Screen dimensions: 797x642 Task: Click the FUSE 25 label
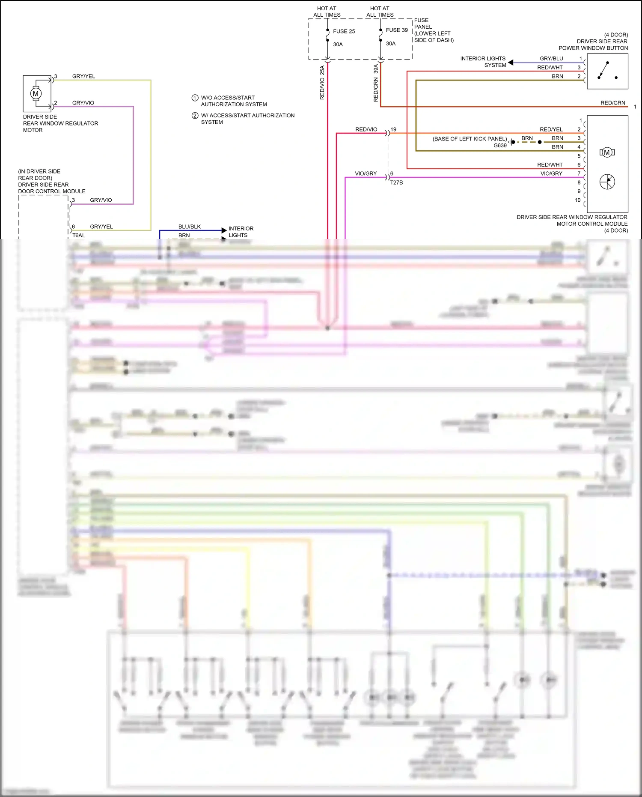344,31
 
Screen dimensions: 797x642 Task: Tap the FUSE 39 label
397,30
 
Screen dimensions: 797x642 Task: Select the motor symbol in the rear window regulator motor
36,93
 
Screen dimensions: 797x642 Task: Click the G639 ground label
500,146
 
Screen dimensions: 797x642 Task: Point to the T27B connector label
396,182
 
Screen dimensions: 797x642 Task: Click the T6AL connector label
79,236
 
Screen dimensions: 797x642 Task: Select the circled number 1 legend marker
195,98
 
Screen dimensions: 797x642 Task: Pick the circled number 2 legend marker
195,116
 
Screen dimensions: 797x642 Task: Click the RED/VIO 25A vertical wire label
322,83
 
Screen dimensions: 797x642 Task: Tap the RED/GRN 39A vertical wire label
376,83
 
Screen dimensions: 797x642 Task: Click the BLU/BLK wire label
189,227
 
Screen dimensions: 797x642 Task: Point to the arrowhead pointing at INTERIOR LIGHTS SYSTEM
511,63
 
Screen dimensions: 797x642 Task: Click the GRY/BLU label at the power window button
551,59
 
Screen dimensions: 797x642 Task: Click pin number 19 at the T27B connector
393,129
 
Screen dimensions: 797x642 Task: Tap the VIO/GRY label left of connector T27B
366,173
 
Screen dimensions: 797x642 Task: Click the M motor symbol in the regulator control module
607,152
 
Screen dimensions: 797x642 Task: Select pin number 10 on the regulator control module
577,200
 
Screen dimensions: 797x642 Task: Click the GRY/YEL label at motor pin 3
83,76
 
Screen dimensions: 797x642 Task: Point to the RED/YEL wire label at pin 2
551,129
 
